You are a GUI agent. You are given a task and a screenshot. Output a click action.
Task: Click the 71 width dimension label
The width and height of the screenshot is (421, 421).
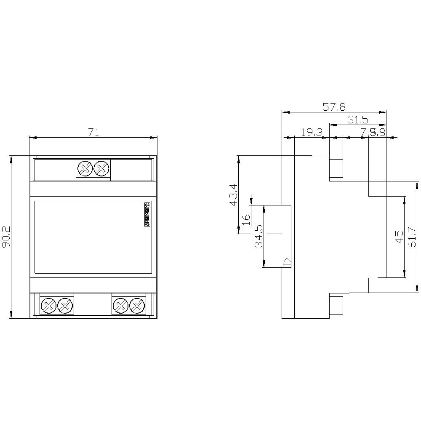tap(93, 133)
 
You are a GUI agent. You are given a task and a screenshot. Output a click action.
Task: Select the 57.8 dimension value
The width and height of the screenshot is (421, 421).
tap(334, 107)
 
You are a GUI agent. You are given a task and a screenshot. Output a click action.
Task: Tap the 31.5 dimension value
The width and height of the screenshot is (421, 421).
tap(358, 120)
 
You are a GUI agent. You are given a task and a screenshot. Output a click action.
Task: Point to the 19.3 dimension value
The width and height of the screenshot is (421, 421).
tap(312, 133)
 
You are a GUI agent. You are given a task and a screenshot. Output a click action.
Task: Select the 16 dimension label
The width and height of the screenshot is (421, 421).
tap(246, 218)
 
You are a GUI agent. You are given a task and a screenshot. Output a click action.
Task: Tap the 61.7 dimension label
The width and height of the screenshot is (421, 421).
tap(412, 237)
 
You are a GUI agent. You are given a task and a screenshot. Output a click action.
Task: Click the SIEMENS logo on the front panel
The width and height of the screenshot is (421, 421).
tap(147, 215)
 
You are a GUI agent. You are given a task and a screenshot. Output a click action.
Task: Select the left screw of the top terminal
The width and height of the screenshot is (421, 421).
tap(85, 169)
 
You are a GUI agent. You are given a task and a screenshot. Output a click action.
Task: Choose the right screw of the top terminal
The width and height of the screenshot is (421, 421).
tap(101, 169)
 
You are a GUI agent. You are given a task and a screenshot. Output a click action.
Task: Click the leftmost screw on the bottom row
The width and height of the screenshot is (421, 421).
tap(49, 305)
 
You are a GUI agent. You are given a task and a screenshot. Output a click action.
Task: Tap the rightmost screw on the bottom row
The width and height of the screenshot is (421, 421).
tap(136, 305)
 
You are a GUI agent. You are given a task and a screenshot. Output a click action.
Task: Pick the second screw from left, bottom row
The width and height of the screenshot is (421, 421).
tap(64, 305)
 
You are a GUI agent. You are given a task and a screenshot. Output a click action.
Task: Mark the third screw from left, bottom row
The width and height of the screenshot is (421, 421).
tap(121, 305)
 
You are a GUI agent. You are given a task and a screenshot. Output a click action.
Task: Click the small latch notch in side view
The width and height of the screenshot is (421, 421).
tap(287, 263)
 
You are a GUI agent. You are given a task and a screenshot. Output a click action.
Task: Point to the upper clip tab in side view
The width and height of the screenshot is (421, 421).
tap(336, 168)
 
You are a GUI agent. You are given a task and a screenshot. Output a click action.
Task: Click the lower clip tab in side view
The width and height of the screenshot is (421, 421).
tap(336, 305)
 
